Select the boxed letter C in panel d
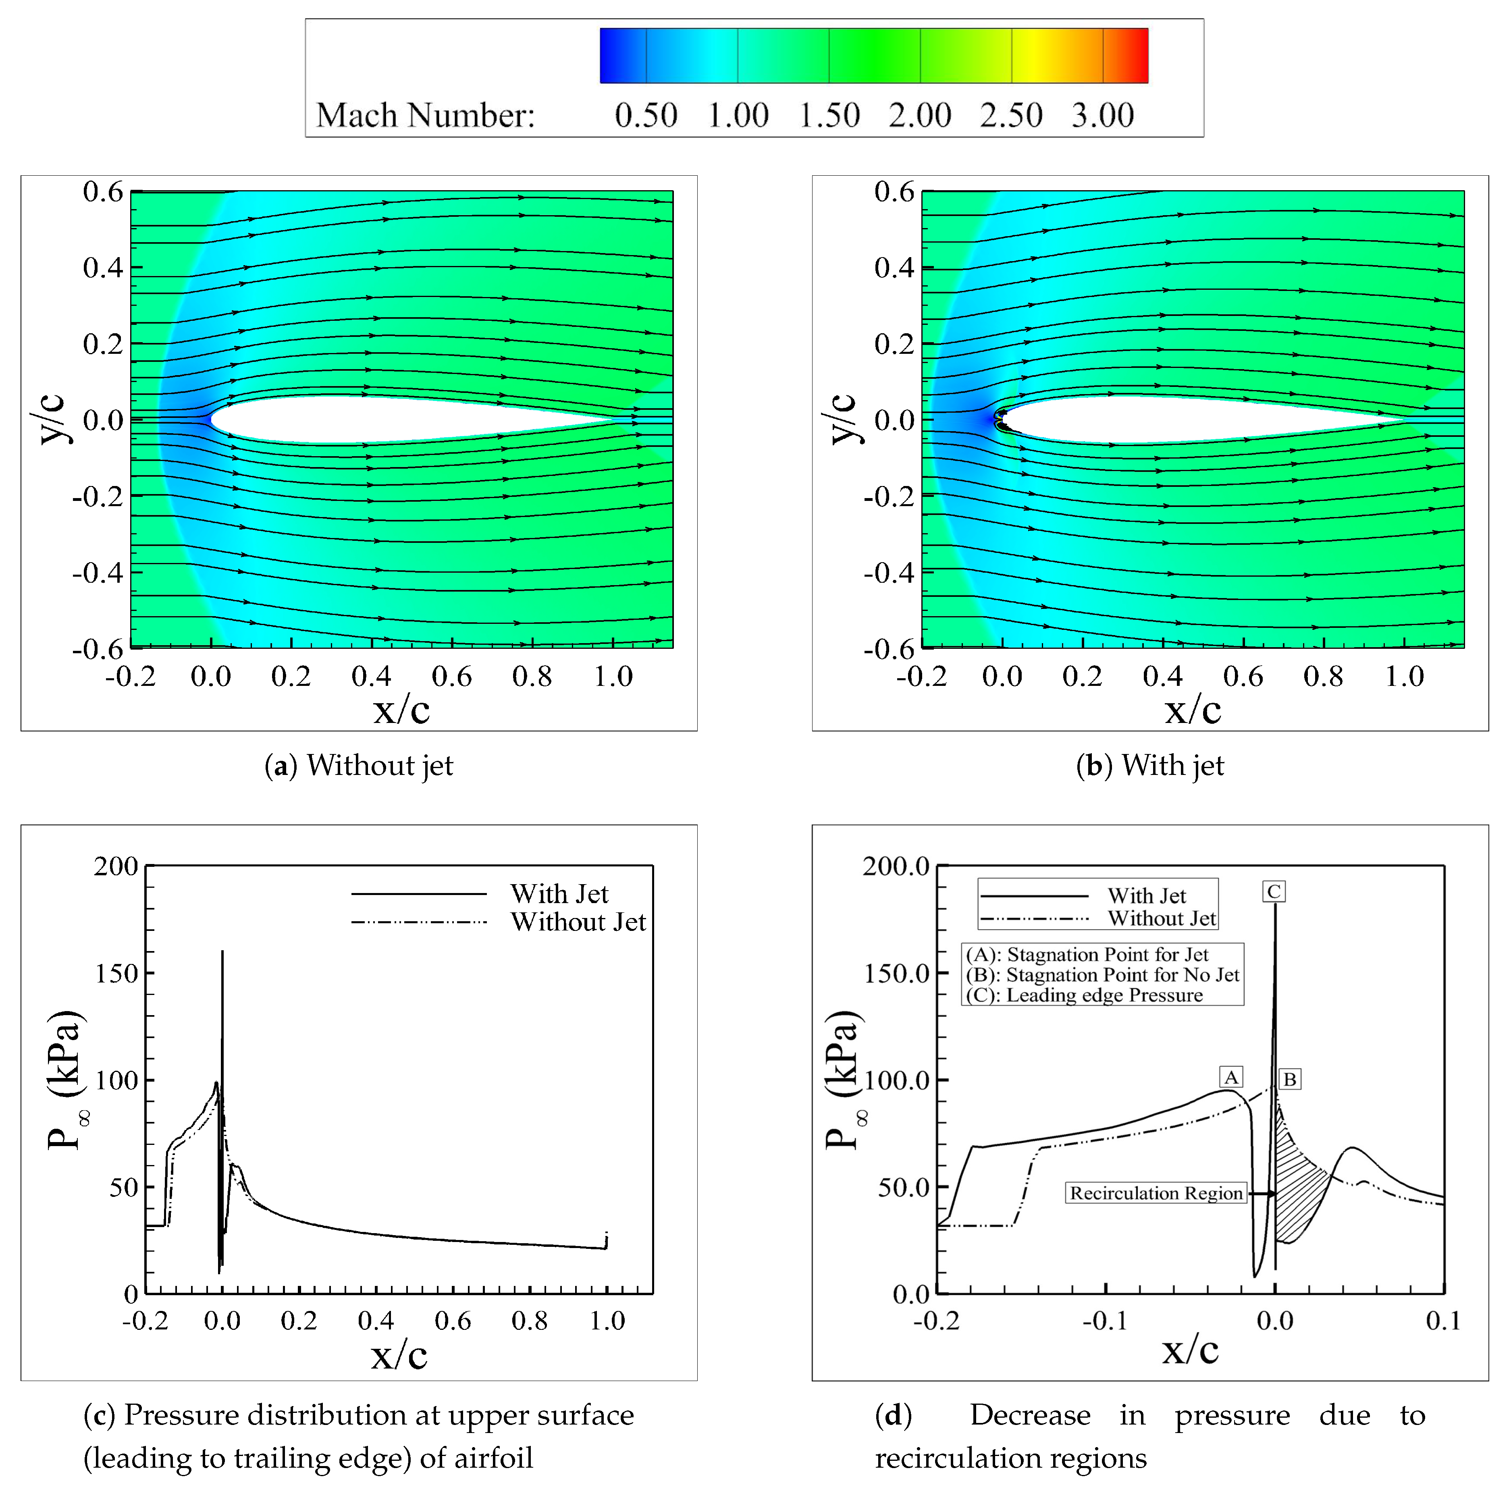(x=1273, y=891)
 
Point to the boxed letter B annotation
(x=1289, y=1080)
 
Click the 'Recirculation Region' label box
(x=1155, y=1193)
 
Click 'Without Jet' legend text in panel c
(x=578, y=923)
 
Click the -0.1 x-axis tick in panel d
(x=1105, y=1321)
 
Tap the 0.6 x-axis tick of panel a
(x=452, y=676)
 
